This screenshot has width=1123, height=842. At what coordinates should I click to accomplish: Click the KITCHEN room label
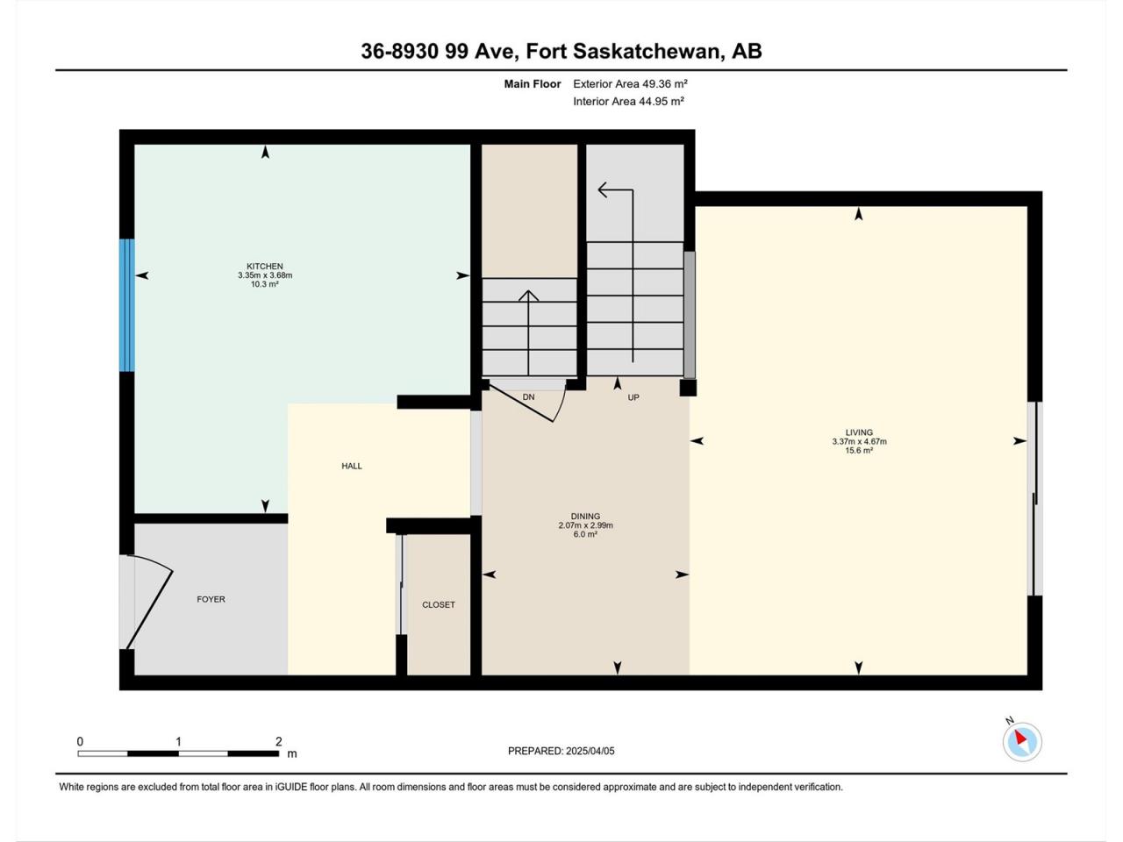pos(264,267)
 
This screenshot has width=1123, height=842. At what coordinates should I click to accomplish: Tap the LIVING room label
pos(859,432)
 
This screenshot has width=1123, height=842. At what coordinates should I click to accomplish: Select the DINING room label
pos(585,517)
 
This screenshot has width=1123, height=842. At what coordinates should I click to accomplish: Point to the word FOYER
pos(211,599)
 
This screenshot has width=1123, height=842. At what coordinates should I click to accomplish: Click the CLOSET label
pos(439,605)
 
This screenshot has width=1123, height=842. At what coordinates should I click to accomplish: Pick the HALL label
pos(352,466)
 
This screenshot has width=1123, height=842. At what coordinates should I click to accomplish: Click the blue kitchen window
pos(127,305)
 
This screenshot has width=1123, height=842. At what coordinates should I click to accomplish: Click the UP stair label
pos(633,397)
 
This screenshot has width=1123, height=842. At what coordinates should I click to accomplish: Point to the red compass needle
pos(1020,738)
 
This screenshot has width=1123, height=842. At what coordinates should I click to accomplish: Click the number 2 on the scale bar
pos(279,741)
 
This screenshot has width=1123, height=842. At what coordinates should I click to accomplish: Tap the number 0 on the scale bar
pos(80,741)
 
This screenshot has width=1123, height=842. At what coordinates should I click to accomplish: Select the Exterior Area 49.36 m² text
pos(630,84)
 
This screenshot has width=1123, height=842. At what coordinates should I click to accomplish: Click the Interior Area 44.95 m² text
pos(629,101)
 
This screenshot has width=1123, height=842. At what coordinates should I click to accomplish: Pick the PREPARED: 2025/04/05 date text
pos(561,751)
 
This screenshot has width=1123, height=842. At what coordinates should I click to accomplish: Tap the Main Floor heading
pos(533,84)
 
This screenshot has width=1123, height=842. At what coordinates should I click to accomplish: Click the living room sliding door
pos(1035,498)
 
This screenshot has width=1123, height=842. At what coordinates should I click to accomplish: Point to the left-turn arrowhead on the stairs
pos(604,189)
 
